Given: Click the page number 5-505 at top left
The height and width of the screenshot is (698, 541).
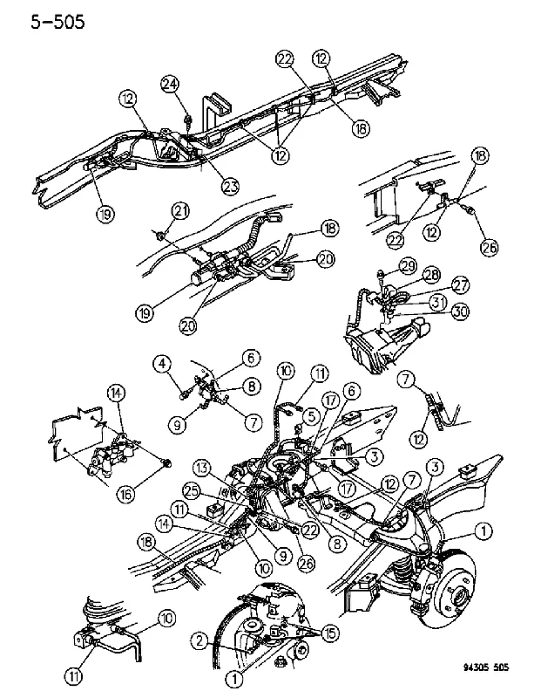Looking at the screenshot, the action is click(x=57, y=21).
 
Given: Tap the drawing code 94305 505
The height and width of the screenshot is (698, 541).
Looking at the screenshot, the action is click(x=485, y=667).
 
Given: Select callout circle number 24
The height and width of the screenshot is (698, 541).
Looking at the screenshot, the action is click(x=170, y=85).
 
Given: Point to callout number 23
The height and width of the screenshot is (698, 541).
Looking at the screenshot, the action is click(x=231, y=185).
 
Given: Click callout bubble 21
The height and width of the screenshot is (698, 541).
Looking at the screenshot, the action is click(x=180, y=210).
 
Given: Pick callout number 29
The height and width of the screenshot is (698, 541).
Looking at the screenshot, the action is click(x=408, y=266).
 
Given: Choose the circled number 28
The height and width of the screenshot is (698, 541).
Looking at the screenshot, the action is click(x=432, y=275).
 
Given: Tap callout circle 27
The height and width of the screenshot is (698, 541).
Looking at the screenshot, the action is click(x=460, y=285).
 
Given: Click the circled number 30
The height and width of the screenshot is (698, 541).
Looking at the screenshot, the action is click(x=460, y=311).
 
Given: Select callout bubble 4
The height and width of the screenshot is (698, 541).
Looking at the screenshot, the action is click(x=162, y=364).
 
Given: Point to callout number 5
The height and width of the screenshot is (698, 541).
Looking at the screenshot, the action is click(x=312, y=417).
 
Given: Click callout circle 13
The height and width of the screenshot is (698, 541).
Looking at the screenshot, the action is click(x=203, y=468).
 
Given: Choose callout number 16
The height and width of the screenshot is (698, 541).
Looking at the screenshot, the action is click(x=125, y=494).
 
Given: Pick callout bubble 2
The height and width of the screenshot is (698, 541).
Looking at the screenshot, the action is click(x=200, y=640).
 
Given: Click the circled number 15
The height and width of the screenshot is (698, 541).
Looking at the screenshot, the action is click(x=330, y=633).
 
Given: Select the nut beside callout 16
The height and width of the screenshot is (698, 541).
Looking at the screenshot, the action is click(x=167, y=464).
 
